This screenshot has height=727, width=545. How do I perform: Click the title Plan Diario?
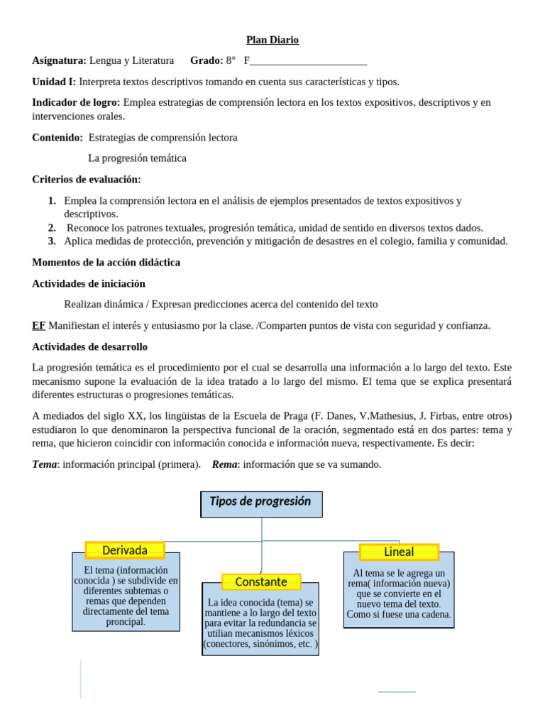[272, 40]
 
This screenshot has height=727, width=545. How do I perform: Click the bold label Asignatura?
[60, 61]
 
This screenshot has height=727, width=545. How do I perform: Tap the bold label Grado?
[207, 61]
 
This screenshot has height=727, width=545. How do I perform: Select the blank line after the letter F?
[309, 62]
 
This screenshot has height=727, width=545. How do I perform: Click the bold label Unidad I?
[54, 82]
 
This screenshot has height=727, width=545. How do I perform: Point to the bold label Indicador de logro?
[77, 102]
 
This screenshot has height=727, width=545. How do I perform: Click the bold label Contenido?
[57, 137]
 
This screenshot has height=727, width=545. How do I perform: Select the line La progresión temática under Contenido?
[137, 158]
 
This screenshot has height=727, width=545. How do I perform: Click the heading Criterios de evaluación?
[87, 179]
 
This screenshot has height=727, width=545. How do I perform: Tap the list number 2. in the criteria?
[53, 228]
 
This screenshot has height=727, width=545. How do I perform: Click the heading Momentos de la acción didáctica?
[106, 262]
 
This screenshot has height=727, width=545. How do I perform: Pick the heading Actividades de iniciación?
[89, 283]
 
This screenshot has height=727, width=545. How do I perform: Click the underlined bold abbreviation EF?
[39, 325]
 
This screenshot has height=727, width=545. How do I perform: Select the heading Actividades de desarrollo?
[90, 346]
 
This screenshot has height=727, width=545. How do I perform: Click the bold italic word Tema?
[45, 464]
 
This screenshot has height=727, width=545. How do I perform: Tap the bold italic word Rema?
[224, 464]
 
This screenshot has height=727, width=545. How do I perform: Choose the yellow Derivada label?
[125, 550]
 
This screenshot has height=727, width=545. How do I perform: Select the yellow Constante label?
[261, 582]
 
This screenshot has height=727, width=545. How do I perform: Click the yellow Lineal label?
[399, 552]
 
